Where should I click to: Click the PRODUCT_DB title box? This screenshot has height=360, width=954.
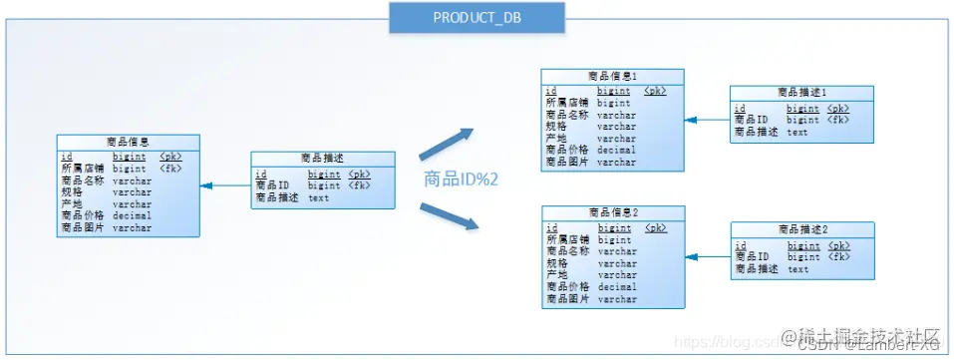pyautogui.click(x=477, y=18)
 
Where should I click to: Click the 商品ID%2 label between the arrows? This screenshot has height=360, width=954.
pyautogui.click(x=462, y=180)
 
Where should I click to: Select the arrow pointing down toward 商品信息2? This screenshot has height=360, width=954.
pyautogui.click(x=446, y=216)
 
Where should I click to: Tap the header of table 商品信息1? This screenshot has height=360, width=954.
pyautogui.click(x=612, y=76)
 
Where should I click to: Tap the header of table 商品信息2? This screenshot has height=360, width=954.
pyautogui.click(x=612, y=212)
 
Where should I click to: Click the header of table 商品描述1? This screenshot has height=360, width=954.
pyautogui.click(x=802, y=93)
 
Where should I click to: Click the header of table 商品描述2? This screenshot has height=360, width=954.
pyautogui.click(x=802, y=229)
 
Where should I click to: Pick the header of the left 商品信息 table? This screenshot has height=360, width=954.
pyautogui.click(x=128, y=142)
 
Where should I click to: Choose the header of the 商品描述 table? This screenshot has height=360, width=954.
pyautogui.click(x=323, y=159)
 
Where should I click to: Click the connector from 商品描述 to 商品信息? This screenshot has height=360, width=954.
pyautogui.click(x=225, y=185)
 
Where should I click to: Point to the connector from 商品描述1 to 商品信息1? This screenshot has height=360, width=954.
pyautogui.click(x=708, y=120)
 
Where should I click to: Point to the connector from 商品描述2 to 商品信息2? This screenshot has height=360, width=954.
pyautogui.click(x=708, y=257)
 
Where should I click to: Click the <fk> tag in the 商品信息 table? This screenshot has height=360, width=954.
pyautogui.click(x=170, y=169)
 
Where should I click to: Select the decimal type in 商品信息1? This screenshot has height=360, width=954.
pyautogui.click(x=616, y=150)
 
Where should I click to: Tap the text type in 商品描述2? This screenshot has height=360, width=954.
pyautogui.click(x=797, y=269)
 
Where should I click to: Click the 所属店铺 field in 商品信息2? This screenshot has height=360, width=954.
pyautogui.click(x=566, y=239)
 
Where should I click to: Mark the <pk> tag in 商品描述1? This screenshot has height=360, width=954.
pyautogui.click(x=837, y=108)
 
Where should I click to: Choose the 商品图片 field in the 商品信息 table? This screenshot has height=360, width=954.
pyautogui.click(x=83, y=227)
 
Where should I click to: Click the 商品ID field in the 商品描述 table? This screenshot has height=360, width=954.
pyautogui.click(x=272, y=185)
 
